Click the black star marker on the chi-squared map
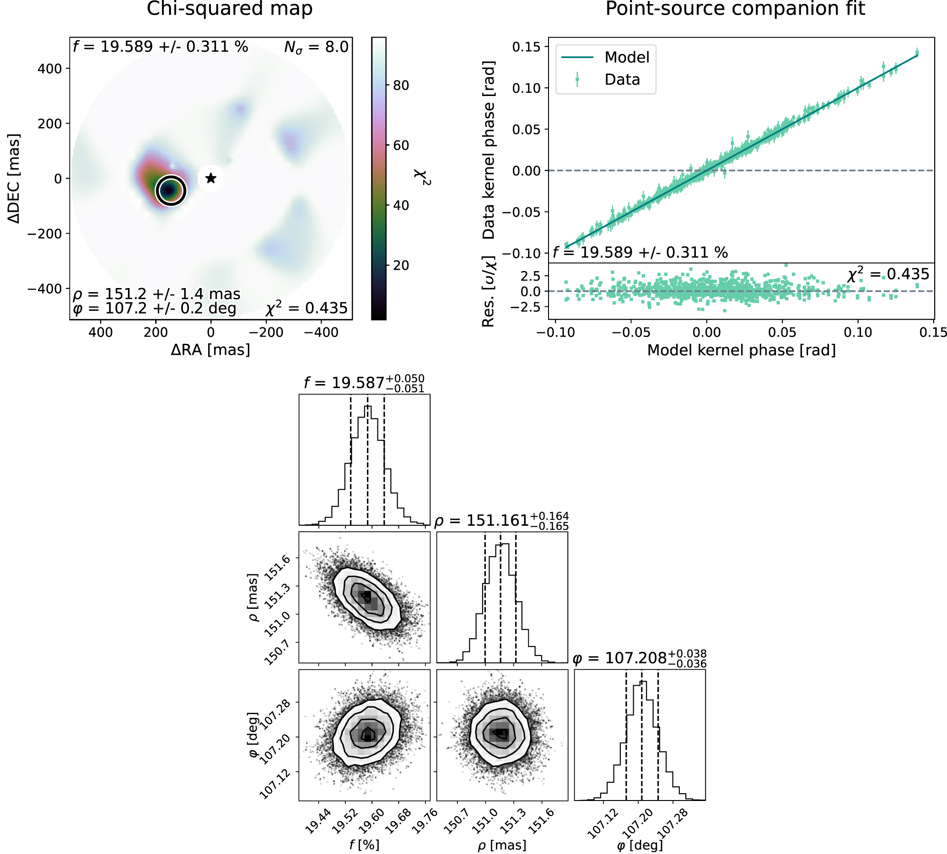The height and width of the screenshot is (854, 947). pyautogui.click(x=211, y=178)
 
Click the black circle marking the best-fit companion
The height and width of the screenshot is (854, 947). pyautogui.click(x=171, y=191)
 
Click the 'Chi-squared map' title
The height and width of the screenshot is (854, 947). pyautogui.click(x=230, y=9)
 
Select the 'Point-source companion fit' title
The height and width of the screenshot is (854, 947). pyautogui.click(x=735, y=9)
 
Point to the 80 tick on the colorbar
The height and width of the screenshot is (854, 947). pyautogui.click(x=400, y=85)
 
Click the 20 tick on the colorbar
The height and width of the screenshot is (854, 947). pyautogui.click(x=400, y=266)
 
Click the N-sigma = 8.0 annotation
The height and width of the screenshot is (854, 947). pyautogui.click(x=317, y=48)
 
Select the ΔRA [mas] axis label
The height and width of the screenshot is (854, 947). pyautogui.click(x=210, y=350)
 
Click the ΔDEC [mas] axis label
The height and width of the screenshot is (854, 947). pyautogui.click(x=15, y=178)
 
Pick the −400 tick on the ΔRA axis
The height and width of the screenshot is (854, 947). pyautogui.click(x=321, y=333)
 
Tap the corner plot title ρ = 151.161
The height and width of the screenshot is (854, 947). pyautogui.click(x=501, y=521)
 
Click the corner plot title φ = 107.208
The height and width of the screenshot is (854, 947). pyautogui.click(x=640, y=658)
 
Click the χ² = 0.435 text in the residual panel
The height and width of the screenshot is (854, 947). pyautogui.click(x=888, y=274)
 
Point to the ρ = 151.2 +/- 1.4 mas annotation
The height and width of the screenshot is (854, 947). pyautogui.click(x=156, y=294)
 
